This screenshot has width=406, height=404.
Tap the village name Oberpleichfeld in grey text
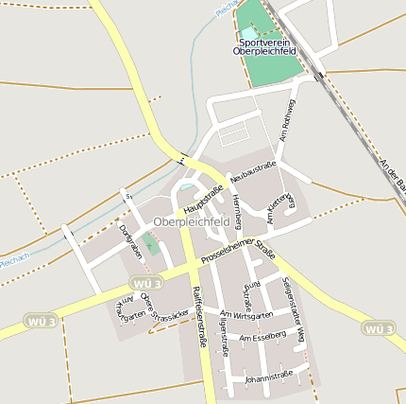pos(191,221)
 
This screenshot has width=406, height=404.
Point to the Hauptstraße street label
pos(203,200)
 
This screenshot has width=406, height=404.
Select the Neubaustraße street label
pos(253,172)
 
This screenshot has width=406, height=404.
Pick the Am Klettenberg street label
pos(282,209)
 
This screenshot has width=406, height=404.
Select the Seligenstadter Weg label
pos(294,310)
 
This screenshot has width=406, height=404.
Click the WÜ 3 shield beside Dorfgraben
pos(146,283)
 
